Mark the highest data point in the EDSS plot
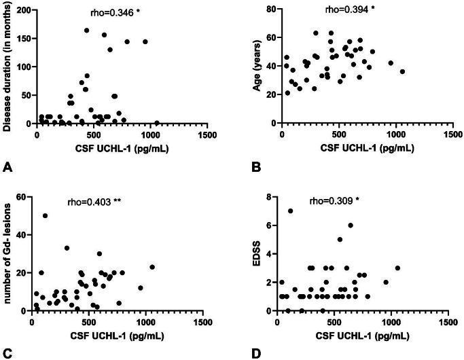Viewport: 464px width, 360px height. pyautogui.click(x=290, y=211)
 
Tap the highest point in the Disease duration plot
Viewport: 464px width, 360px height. pyautogui.click(x=87, y=30)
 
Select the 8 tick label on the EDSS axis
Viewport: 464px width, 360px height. pyautogui.click(x=270, y=198)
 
